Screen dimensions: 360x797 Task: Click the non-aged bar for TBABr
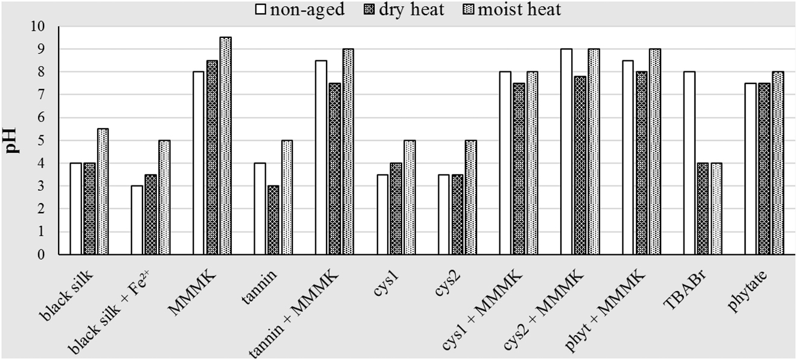[689, 163]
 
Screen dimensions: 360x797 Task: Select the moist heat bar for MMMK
[225, 146]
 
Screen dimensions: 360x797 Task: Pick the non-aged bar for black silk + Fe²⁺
[137, 220]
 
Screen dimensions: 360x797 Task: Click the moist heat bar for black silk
[103, 192]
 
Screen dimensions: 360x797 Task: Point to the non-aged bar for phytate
[751, 169]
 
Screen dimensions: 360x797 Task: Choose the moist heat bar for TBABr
[717, 209]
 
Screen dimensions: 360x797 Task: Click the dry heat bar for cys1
[396, 209]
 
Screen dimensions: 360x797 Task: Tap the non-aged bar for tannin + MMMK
[321, 158]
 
